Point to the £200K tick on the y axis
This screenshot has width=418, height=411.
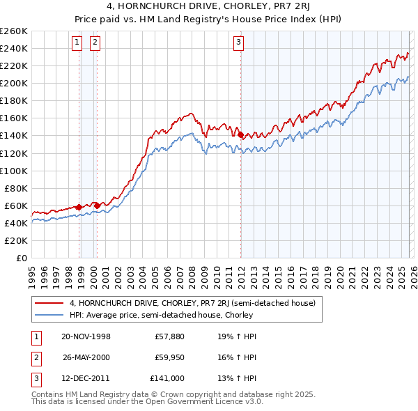(x=14, y=83)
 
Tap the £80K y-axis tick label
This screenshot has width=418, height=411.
(x=16, y=188)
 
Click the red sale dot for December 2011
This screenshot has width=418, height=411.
(x=240, y=135)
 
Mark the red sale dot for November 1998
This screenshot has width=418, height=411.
(x=79, y=207)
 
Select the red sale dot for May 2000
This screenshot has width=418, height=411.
(x=97, y=205)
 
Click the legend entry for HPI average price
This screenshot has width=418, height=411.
(x=160, y=315)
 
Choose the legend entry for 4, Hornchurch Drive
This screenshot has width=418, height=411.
(x=192, y=303)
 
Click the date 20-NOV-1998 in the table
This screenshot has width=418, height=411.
(x=86, y=336)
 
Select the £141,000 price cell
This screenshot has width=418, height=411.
(x=167, y=378)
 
